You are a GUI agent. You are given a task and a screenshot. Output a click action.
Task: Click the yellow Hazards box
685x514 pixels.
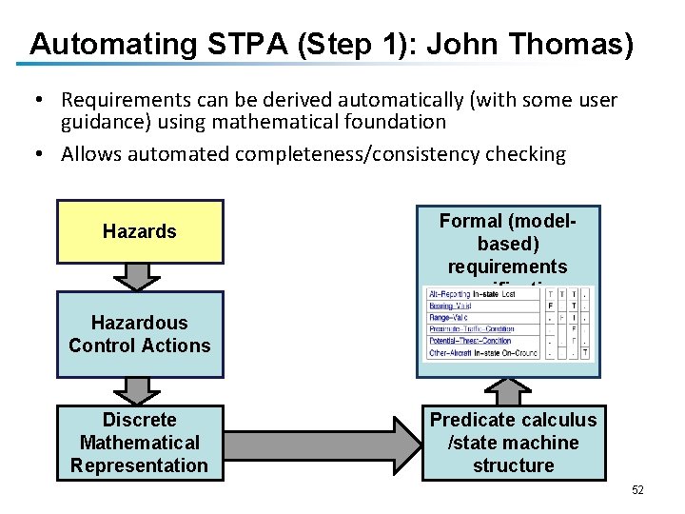140,231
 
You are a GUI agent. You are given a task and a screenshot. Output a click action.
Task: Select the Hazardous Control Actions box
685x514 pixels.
140,334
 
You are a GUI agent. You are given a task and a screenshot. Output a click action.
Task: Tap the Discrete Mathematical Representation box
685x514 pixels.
140,443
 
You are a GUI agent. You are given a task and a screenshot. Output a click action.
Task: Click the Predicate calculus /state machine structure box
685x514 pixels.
513,443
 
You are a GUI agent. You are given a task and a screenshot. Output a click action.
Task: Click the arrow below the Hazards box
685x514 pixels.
140,276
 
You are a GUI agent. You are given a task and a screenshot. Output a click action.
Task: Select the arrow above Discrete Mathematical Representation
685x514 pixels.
140,391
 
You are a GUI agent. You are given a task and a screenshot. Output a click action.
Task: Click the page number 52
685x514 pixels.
637,490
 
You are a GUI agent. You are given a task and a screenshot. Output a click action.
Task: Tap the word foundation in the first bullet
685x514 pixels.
398,122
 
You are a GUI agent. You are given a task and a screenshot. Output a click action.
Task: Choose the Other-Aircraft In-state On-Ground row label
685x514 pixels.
481,353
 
